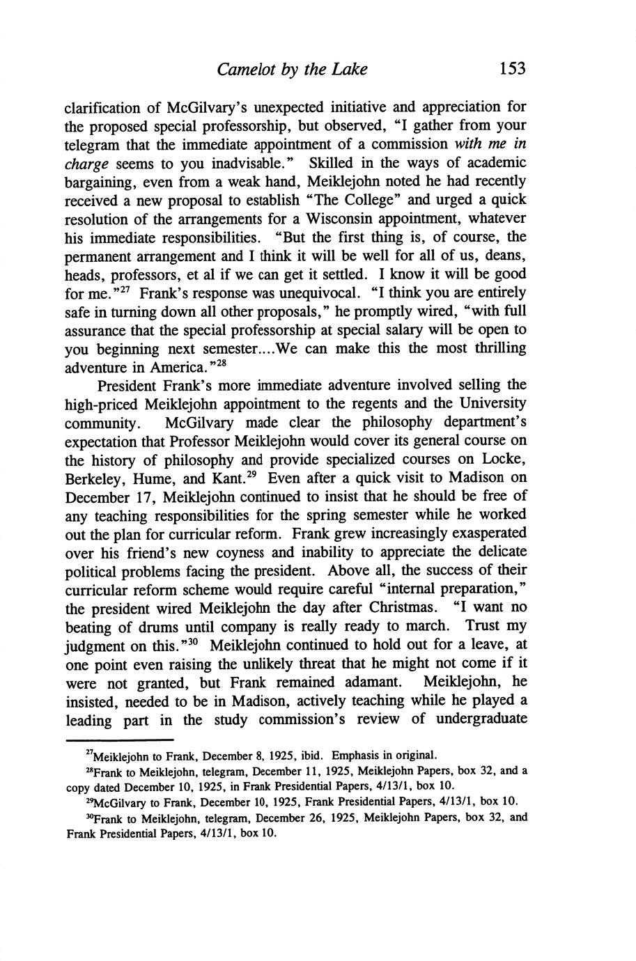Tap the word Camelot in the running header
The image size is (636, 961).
tap(243, 69)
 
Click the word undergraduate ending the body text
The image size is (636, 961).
tap(480, 719)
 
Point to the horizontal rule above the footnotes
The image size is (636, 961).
tap(118, 740)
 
